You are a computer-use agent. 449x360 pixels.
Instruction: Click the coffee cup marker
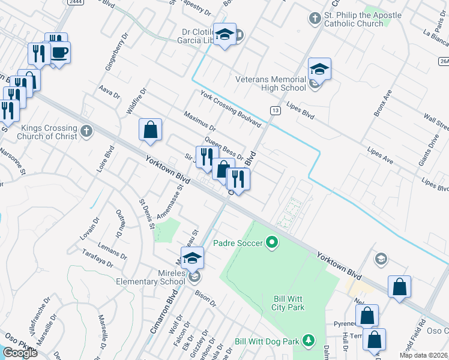60,53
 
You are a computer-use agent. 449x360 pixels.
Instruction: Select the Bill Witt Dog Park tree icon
309,341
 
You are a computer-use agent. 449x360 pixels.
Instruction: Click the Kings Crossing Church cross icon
87,131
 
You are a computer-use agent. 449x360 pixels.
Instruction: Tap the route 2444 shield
75,2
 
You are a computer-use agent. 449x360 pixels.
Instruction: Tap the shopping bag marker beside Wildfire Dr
150,130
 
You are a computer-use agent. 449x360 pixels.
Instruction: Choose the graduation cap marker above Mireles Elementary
192,259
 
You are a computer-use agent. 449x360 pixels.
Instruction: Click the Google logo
20,353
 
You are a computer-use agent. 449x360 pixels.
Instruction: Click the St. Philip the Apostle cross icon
315,19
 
